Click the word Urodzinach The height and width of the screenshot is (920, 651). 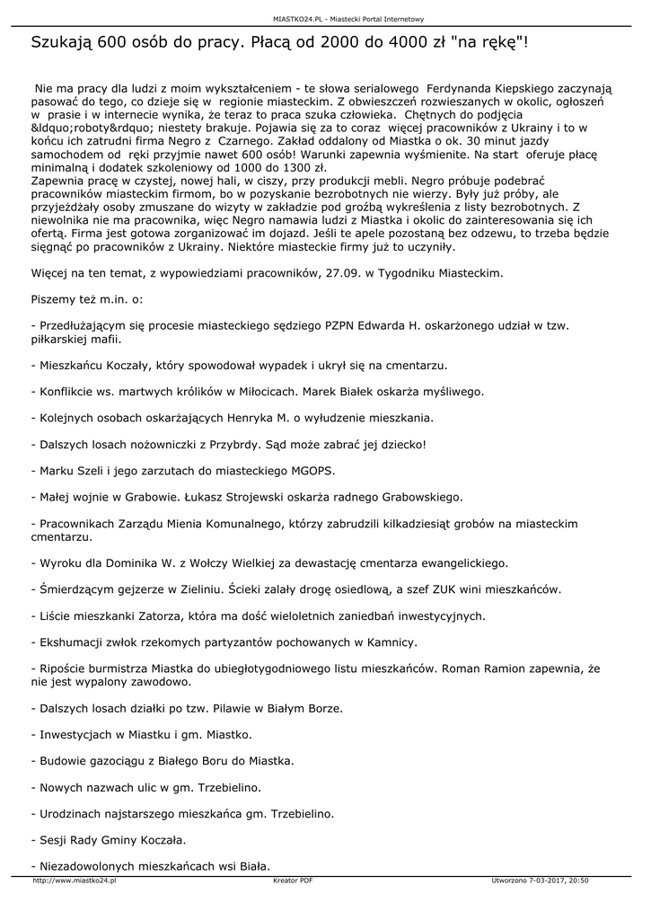(x=70, y=814)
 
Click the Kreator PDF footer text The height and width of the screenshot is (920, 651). (x=293, y=880)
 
